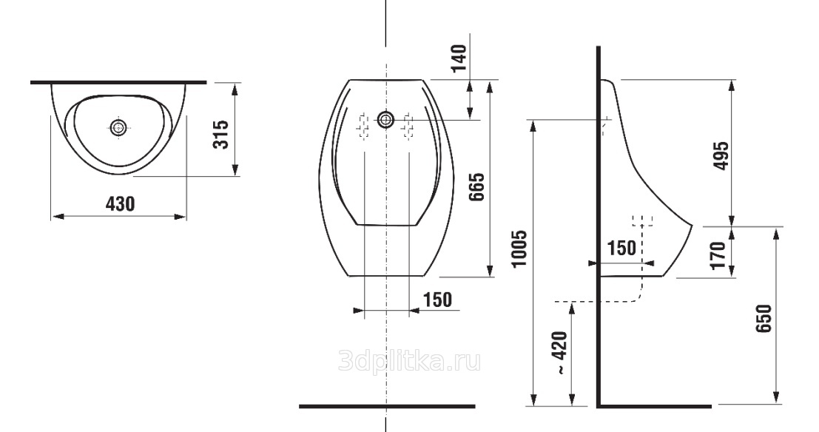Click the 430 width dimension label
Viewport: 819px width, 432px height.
coord(120,203)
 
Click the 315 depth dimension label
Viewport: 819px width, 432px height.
coord(221,135)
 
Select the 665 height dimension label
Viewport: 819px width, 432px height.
coord(476,187)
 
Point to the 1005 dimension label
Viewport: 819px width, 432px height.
coord(520,249)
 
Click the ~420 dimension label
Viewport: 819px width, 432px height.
coord(560,353)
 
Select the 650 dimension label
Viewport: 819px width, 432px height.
coord(763,318)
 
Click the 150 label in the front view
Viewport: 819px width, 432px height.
coord(437,300)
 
